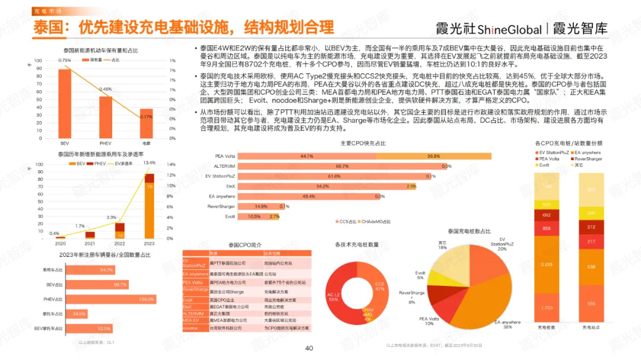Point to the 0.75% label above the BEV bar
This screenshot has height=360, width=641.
65,60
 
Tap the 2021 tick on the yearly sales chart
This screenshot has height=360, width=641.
90,244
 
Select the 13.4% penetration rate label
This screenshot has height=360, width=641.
150,163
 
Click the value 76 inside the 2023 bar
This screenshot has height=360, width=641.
150,186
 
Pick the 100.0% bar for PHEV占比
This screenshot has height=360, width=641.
110,299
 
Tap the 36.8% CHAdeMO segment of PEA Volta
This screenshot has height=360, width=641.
434,156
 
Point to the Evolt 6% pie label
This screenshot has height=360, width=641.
420,275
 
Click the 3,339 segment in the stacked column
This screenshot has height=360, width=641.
547,265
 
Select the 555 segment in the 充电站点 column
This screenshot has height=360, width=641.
591,303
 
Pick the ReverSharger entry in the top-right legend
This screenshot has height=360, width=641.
588,159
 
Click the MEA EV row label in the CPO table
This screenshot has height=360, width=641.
192,320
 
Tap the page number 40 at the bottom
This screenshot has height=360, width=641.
309,348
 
